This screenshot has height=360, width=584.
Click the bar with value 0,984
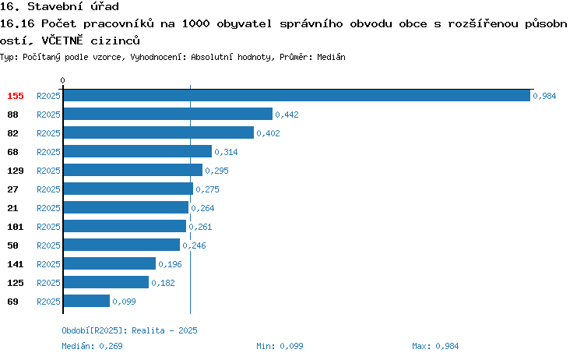(x=297, y=95)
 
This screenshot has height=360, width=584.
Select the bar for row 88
(x=168, y=114)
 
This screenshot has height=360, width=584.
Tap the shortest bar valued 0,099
(x=86, y=301)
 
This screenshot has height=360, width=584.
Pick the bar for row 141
(x=110, y=263)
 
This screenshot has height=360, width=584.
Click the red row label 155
(x=16, y=96)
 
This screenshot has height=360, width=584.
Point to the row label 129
(x=16, y=171)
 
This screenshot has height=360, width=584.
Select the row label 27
(x=12, y=189)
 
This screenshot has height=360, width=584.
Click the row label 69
(x=12, y=302)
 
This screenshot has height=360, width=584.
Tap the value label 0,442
(x=287, y=115)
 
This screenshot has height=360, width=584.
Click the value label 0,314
(x=226, y=152)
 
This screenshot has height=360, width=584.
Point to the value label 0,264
(x=202, y=208)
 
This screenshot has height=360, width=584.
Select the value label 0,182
(x=164, y=283)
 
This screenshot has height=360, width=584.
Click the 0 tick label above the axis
(x=62, y=80)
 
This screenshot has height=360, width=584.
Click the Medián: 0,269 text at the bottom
(x=92, y=346)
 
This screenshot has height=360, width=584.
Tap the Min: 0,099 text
(x=280, y=346)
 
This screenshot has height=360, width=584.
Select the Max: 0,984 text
(x=435, y=346)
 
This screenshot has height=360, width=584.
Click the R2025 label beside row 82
(x=48, y=133)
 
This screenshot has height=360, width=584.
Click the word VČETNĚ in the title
(x=62, y=41)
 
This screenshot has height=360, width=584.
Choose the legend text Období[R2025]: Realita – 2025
(x=129, y=330)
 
